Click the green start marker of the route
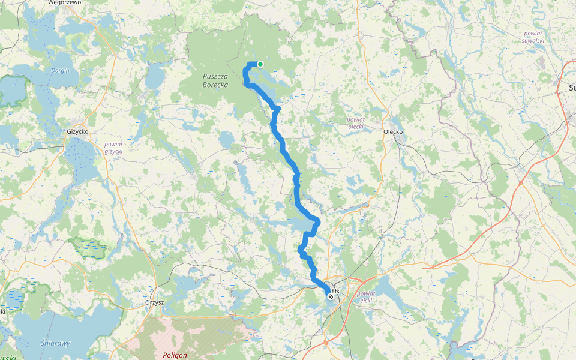260,64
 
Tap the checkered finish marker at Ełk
331,295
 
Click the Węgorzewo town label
64,3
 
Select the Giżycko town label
77,131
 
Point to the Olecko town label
393,131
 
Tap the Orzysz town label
155,302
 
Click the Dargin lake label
60,70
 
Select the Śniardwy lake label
56,343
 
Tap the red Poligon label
175,355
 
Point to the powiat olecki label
356,123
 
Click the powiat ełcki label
366,298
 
